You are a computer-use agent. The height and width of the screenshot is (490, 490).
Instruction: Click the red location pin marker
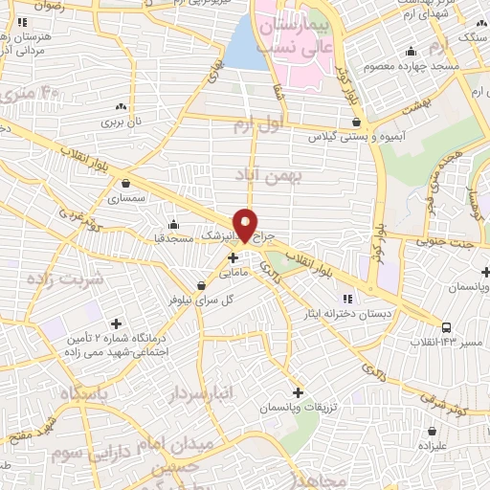coord(246,225)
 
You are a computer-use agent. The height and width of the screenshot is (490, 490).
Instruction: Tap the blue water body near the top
coord(245,43)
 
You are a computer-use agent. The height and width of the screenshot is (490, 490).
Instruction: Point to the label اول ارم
coord(259,124)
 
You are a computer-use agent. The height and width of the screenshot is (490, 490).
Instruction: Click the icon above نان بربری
coord(122,107)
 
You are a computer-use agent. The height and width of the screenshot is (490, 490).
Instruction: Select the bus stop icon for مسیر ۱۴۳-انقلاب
coord(475,327)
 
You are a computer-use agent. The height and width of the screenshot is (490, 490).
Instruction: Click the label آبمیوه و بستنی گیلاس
coord(354,137)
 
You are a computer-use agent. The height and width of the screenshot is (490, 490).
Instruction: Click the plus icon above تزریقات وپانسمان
coord(298,392)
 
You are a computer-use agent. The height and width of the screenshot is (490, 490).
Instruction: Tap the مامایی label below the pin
coord(236,273)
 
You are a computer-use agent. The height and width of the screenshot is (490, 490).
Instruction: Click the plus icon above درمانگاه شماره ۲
coord(117,324)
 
